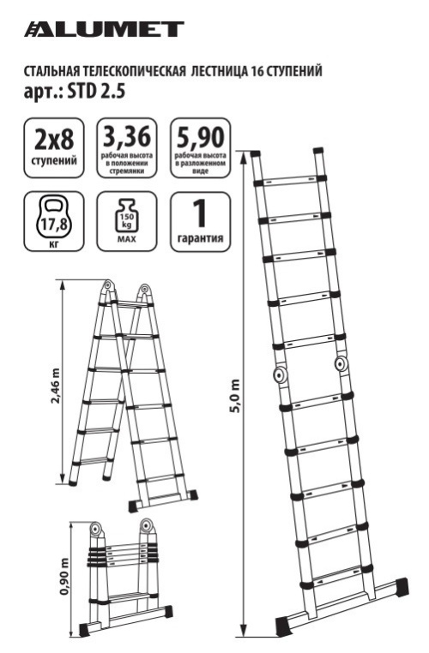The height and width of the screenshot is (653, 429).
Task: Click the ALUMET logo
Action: coord(104,29)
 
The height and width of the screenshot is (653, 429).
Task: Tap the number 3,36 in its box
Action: coord(127,137)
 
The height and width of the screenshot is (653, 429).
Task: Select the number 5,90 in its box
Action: coord(201,137)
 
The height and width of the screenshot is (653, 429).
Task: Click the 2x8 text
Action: coord(54,139)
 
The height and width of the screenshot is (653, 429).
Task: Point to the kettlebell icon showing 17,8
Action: coord(54,219)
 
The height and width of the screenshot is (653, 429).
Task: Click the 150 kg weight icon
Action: coord(127,215)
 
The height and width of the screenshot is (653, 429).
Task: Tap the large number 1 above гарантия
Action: coord(201,213)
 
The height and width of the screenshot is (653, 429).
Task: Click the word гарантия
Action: coord(201,238)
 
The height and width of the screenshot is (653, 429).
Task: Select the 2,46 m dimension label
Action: coord(55,386)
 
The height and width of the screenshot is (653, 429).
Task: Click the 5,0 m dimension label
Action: coord(236,395)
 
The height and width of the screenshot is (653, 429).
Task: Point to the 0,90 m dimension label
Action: coord(63,576)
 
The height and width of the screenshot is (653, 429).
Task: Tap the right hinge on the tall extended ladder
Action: coord(341,364)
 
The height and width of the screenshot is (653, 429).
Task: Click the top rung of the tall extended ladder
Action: coord(288,181)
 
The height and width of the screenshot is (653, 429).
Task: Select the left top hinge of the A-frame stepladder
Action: coord(108,285)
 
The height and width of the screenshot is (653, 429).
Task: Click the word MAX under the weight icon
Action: coord(127,239)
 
